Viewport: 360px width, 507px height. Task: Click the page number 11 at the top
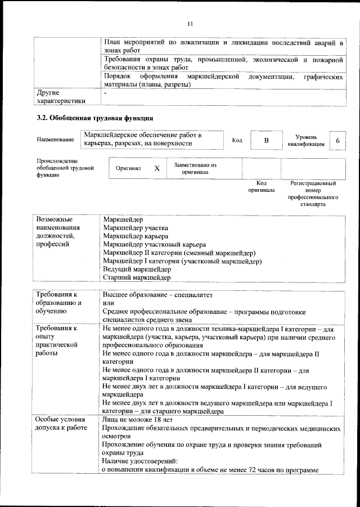tap(190, 24)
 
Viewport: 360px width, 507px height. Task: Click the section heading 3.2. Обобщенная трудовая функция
tap(95, 118)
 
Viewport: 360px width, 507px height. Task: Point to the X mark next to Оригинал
tap(157, 168)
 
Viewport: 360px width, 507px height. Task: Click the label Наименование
tap(55, 140)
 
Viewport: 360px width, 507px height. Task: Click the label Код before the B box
tap(237, 140)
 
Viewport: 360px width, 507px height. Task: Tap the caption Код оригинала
tap(262, 187)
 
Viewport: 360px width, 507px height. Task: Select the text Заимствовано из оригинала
tap(195, 168)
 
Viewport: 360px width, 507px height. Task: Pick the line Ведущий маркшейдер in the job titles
tap(135, 269)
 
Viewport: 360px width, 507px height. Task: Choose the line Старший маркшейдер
tap(137, 277)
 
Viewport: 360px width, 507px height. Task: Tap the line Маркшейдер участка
tap(136, 228)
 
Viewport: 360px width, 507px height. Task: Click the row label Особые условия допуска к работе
tap(60, 424)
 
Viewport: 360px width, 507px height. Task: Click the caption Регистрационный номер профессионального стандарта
tap(313, 194)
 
